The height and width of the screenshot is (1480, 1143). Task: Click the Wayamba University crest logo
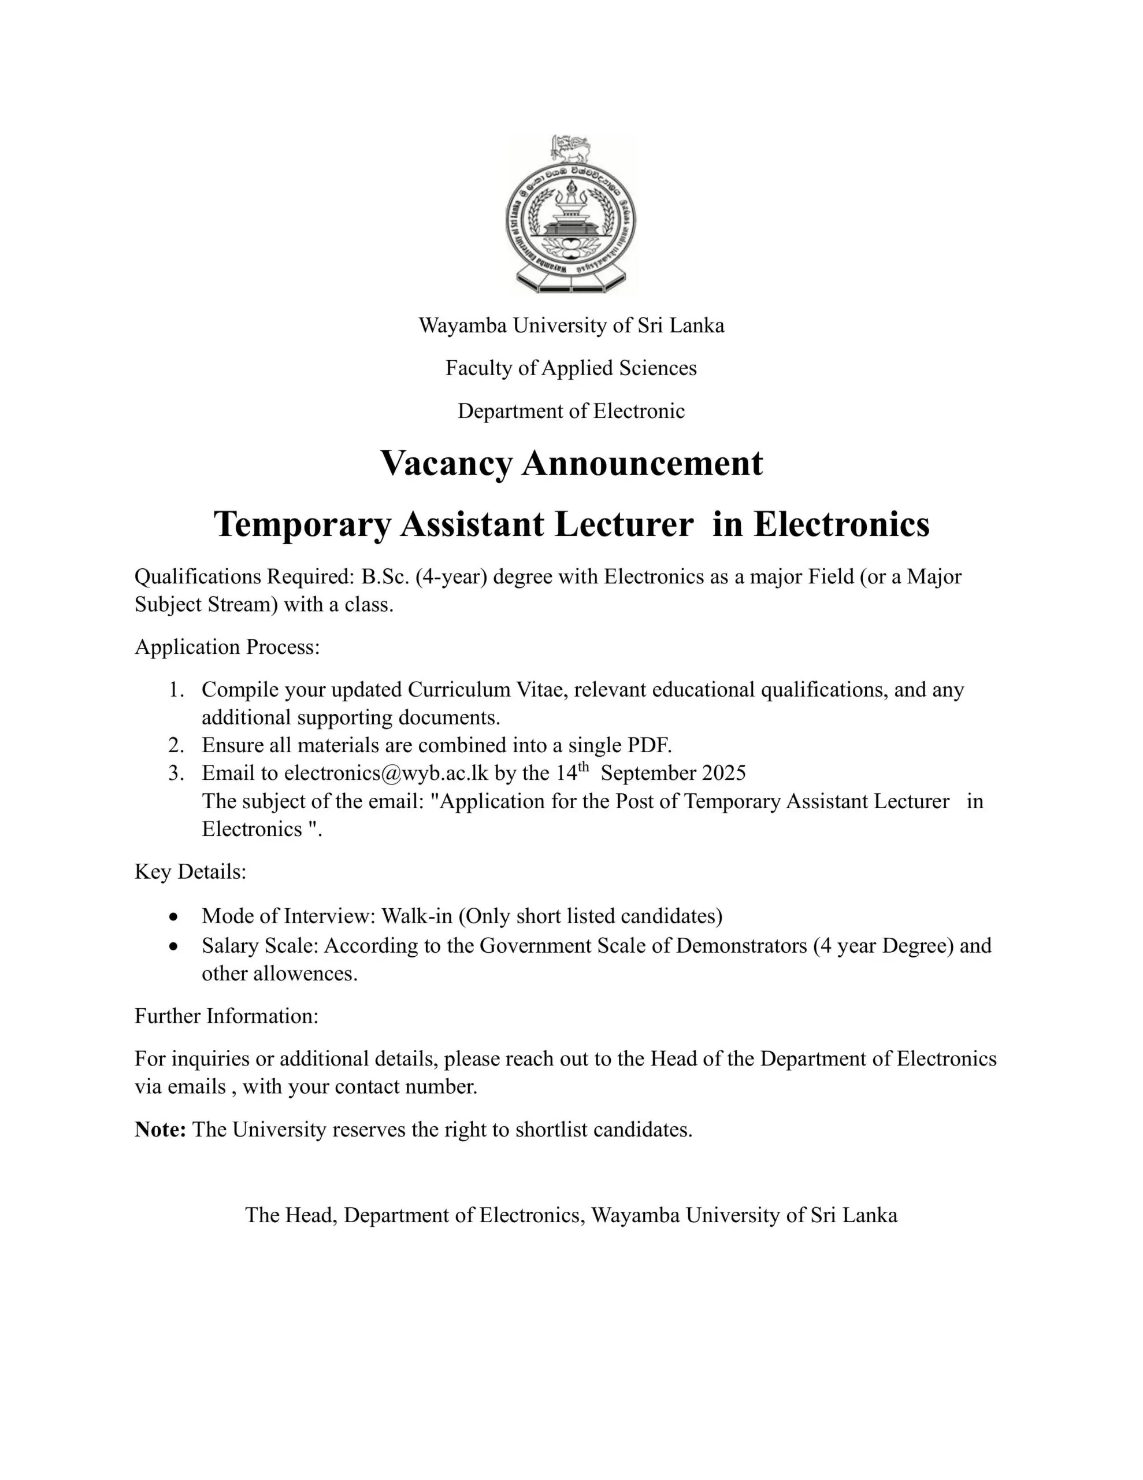point(571,214)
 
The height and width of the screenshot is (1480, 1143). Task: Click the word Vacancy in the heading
point(446,464)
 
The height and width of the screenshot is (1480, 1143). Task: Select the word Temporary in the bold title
point(302,524)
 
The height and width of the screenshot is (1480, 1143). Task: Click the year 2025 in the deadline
point(723,773)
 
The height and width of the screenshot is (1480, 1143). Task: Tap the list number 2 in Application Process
point(176,745)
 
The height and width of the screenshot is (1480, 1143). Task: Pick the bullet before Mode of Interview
point(175,917)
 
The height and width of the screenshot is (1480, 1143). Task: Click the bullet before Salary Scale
point(175,946)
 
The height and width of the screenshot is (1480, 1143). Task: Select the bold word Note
point(160,1130)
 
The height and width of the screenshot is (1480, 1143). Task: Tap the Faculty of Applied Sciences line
point(570,368)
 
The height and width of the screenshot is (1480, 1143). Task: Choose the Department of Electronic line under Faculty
point(570,410)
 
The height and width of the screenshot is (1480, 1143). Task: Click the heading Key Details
point(190,871)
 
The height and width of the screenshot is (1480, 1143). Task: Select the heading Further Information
point(227,1016)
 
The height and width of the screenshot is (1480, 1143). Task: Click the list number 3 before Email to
point(176,773)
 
